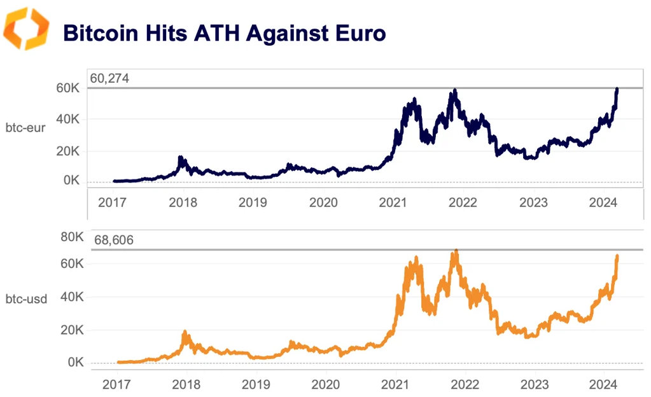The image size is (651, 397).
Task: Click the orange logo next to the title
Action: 26,29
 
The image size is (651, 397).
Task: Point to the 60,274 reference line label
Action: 109,79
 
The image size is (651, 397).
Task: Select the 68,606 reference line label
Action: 114,240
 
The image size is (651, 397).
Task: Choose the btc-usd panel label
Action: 26,298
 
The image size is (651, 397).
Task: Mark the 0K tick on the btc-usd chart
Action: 73,363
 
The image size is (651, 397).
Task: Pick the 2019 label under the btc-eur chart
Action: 253,202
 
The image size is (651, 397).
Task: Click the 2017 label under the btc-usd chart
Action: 117,385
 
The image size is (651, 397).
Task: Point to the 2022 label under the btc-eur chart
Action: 463,202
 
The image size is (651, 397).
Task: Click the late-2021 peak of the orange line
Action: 456,251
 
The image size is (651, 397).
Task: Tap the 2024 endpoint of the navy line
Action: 617,90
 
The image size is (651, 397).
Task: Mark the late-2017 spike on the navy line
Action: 181,157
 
